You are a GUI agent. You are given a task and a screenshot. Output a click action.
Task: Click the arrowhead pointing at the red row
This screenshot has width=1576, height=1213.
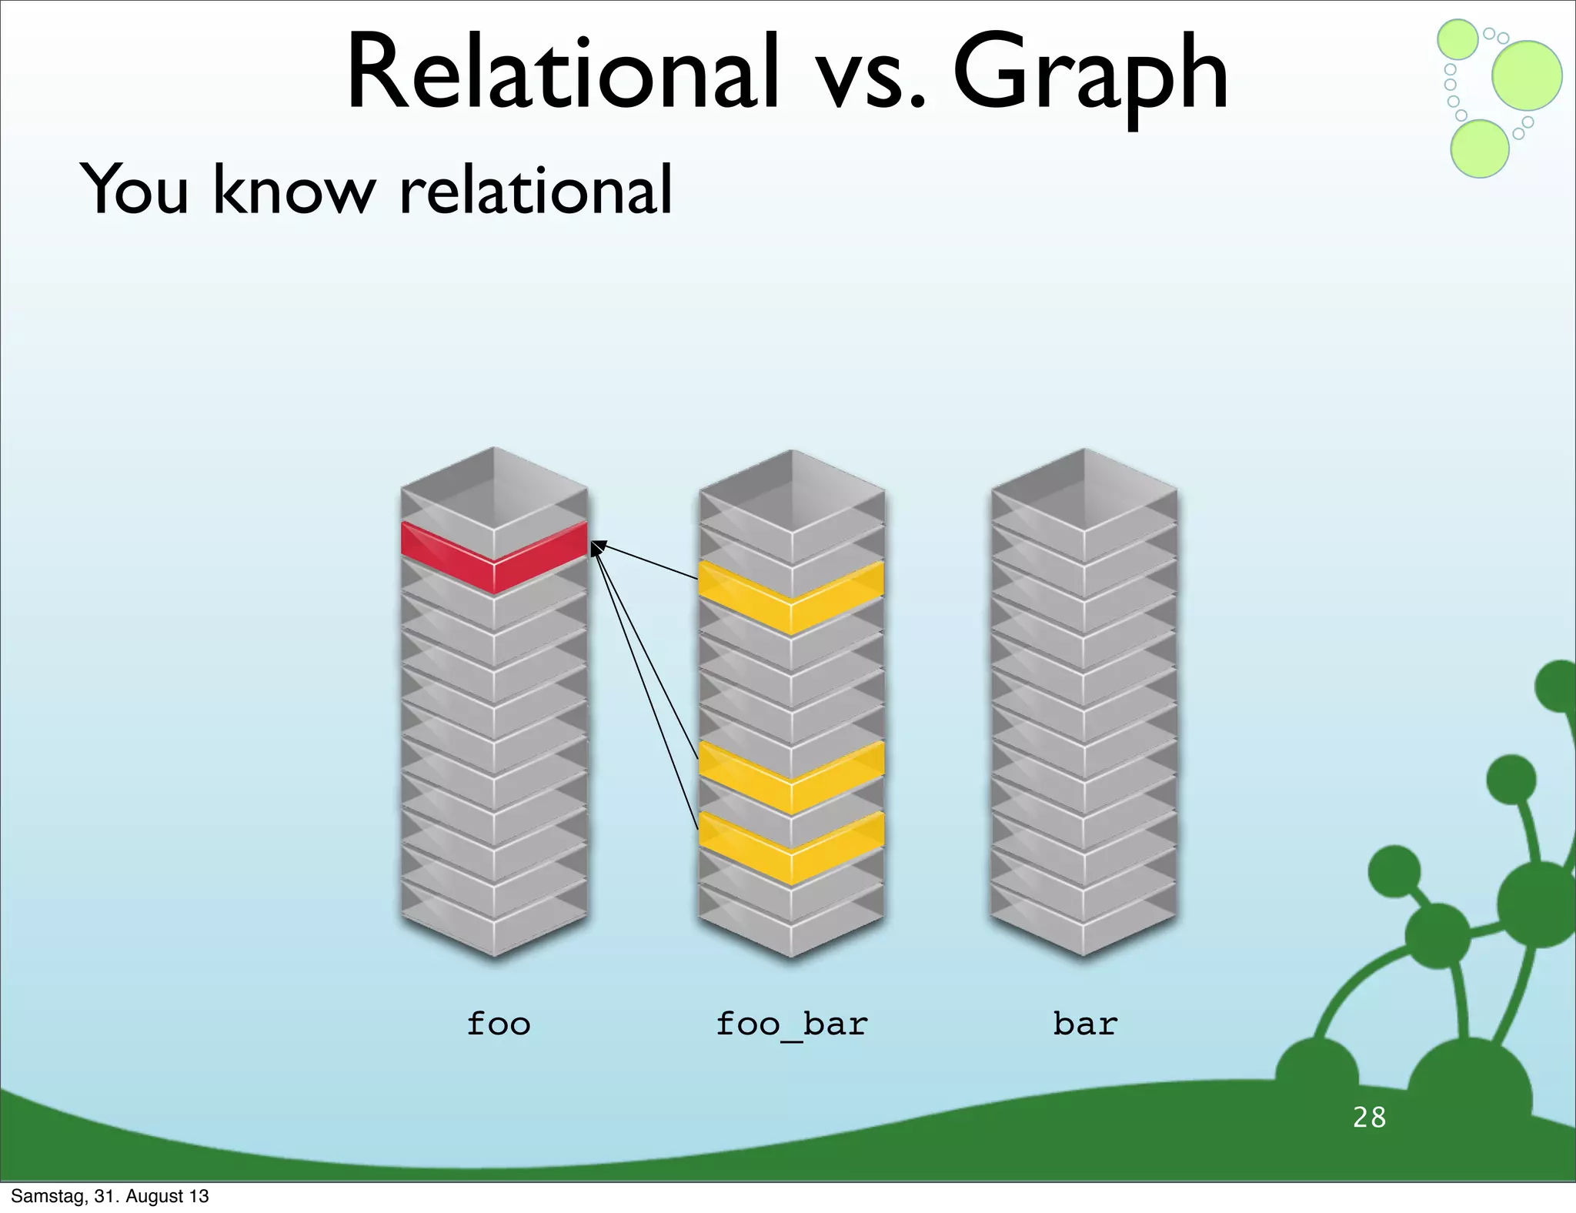click(x=596, y=546)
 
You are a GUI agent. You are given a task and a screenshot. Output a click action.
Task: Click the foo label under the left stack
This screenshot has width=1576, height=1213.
click(x=499, y=1024)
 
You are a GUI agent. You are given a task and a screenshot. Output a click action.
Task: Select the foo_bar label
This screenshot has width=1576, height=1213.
click(x=791, y=1024)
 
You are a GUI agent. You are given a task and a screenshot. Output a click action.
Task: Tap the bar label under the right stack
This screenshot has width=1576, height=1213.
click(x=1085, y=1024)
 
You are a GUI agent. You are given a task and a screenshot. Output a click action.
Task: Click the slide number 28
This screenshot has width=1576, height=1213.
click(x=1369, y=1117)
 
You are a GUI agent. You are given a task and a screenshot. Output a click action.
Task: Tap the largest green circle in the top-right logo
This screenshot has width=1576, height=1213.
click(x=1527, y=75)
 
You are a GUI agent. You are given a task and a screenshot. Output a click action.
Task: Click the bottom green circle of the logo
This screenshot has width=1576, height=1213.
click(x=1479, y=149)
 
